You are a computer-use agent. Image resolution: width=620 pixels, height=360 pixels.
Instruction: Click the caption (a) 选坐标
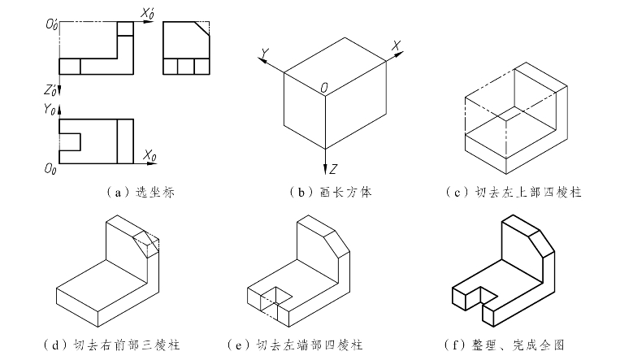[x=141, y=193]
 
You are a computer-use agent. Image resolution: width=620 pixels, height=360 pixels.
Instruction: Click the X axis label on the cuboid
[x=396, y=46]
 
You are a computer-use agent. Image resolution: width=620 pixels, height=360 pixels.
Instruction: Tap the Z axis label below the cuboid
[x=333, y=168]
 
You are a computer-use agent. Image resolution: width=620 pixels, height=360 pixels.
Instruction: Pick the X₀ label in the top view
[x=149, y=154]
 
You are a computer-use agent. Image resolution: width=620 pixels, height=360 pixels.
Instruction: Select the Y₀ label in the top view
[x=51, y=107]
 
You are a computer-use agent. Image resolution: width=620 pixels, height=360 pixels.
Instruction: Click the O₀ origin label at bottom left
[x=50, y=167]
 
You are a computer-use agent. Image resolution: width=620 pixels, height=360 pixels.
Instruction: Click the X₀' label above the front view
[x=147, y=13]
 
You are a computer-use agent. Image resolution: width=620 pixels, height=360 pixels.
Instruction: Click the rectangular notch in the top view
[x=71, y=141]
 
